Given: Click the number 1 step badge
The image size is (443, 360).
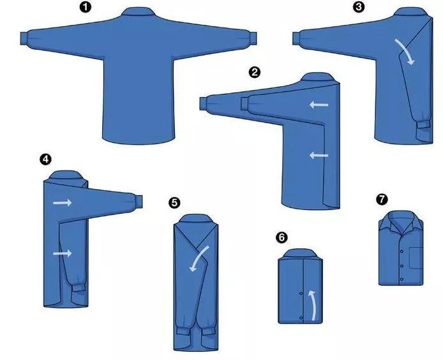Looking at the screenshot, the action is coord(86,7).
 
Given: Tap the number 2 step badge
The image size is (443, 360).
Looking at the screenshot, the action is coord(255,72).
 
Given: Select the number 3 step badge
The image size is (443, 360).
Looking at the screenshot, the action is coord(359,7).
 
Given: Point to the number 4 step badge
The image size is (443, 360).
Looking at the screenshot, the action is coord(45,160).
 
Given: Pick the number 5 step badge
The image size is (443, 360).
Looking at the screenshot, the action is coord(174,202).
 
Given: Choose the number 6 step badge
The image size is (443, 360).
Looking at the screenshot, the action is coord(282,237).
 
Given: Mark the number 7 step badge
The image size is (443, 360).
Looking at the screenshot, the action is coord(382,199).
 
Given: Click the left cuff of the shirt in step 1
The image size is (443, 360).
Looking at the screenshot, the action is coord(24,38).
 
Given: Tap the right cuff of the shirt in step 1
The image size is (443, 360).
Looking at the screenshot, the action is coord(253,38).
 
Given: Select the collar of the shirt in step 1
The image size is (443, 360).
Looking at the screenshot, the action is coord(139,12).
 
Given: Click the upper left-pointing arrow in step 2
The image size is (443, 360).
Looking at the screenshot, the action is coord(319,105).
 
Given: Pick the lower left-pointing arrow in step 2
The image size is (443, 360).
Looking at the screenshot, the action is coord(319,155).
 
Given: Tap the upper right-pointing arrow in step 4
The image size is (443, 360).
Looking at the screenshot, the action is coord(62,202).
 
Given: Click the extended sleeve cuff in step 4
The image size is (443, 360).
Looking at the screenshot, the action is coord(139,202).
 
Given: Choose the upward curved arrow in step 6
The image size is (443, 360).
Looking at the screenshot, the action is coord(313,305).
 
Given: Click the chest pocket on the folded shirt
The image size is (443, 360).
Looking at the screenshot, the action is coord(416,258).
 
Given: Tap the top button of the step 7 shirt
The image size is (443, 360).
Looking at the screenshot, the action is coord(402,251).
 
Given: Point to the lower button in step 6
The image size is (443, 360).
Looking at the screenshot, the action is coord(301,318).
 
